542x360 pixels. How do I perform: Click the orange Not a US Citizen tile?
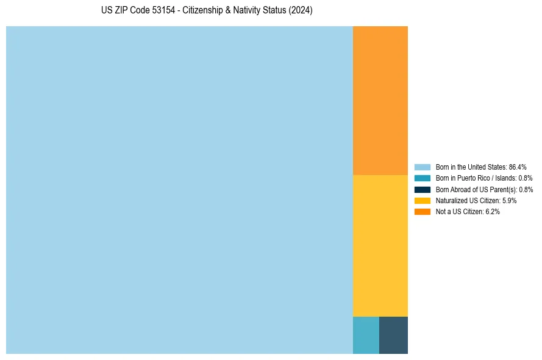click(380, 101)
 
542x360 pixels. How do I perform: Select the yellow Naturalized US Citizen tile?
click(380, 245)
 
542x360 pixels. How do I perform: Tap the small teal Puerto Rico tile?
click(366, 335)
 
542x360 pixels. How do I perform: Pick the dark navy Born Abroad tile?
click(393, 335)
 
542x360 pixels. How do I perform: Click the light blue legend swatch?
click(422, 167)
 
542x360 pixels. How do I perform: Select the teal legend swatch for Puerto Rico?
click(422, 178)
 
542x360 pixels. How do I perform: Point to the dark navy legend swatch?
click(422, 189)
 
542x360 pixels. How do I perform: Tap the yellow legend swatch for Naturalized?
click(422, 200)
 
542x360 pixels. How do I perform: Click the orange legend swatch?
click(422, 211)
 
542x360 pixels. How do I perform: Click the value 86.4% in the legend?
click(518, 167)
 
